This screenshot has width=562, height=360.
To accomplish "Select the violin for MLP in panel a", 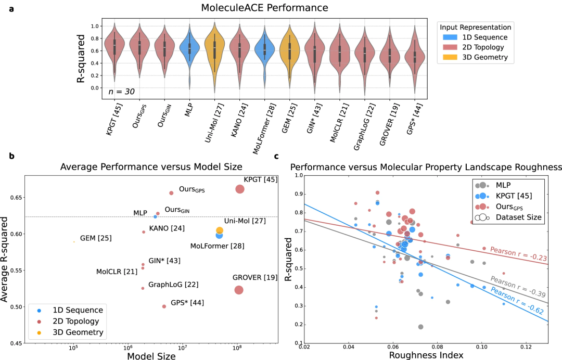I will point(189,49).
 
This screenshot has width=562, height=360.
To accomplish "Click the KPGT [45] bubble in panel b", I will point(240,189).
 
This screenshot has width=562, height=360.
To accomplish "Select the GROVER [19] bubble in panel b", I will point(239,290).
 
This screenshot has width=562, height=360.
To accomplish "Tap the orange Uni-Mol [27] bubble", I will point(220,230).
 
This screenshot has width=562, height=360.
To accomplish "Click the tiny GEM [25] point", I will point(73,242).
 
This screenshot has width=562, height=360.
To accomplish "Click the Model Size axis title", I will point(151,356).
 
